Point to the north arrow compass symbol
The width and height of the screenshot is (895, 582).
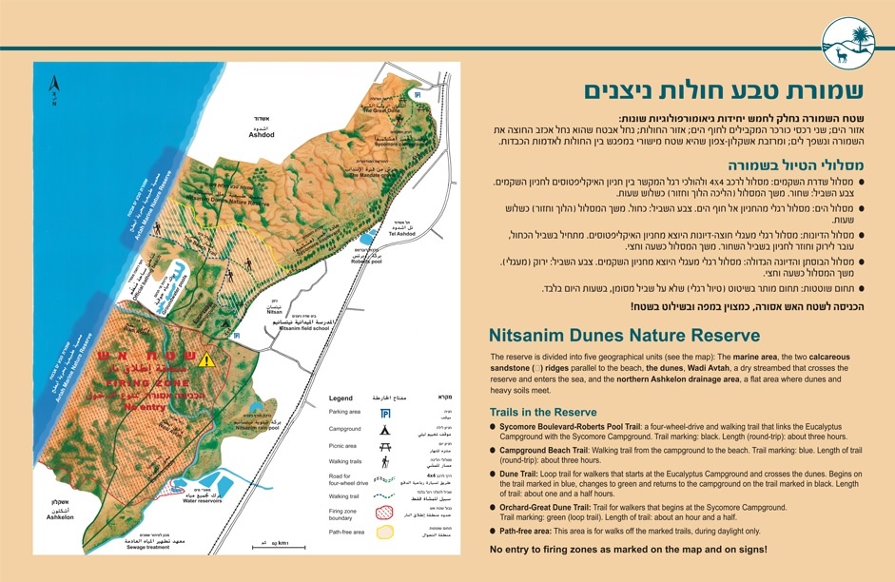(x=56, y=93)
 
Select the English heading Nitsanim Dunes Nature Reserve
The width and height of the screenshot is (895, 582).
(x=624, y=336)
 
